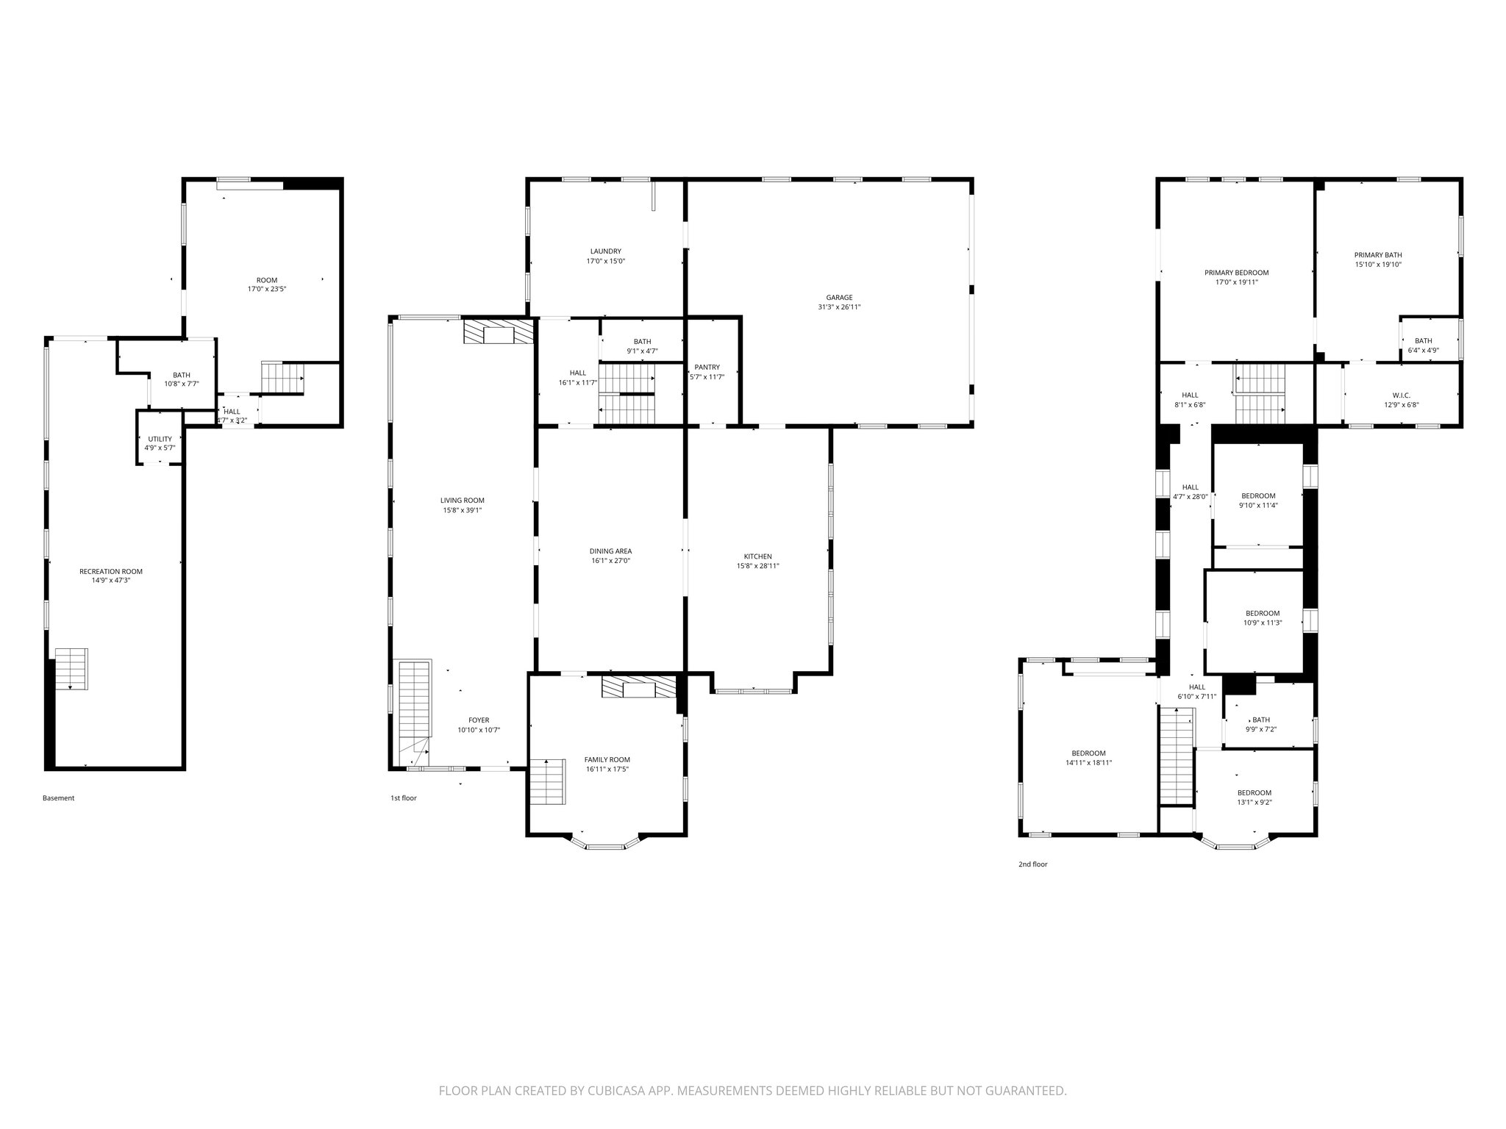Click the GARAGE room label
coord(838,298)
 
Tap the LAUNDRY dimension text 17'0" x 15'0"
coord(605,261)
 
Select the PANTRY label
coord(707,367)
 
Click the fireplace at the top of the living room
coord(499,331)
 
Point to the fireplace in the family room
coord(638,687)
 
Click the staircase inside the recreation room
coord(71,668)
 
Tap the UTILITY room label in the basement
coord(160,439)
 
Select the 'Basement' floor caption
coord(58,798)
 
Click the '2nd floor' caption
coord(1032,864)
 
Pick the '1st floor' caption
coord(403,798)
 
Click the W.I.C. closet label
coord(1380,395)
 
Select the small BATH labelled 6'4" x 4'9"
coord(1423,341)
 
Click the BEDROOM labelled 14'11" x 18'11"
coord(1088,753)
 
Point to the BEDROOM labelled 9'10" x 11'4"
coord(1258,495)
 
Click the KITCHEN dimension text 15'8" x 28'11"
coord(757,566)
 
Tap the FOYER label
coord(479,720)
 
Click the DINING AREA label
coord(610,551)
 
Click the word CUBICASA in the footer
coord(602,1092)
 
